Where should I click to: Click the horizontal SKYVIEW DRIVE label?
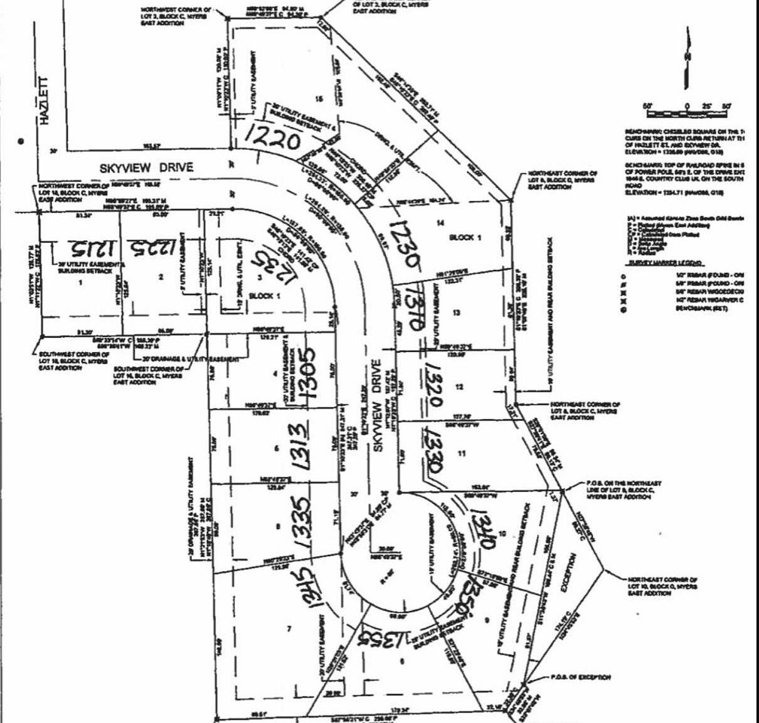coord(146,168)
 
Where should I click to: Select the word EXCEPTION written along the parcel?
coord(566,572)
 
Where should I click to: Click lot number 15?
coord(319,99)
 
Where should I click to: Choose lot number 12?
coord(459,387)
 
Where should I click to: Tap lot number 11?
coord(462,453)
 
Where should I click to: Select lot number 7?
coord(289,628)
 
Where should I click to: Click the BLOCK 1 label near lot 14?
coord(465,237)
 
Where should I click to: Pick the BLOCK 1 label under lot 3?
coord(265,296)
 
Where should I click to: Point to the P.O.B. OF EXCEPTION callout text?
coord(580,677)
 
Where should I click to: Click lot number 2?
coord(161,277)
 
